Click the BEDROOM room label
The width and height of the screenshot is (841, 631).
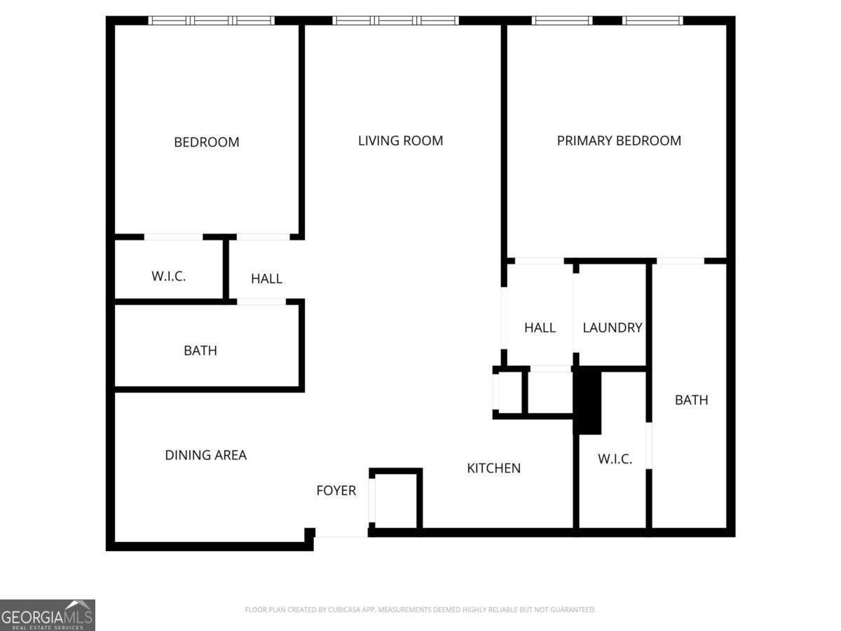click(x=207, y=142)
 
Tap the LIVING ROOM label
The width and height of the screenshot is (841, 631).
click(x=400, y=141)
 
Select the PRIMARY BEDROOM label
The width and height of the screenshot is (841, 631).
click(x=619, y=141)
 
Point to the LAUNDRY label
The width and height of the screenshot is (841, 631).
click(x=613, y=327)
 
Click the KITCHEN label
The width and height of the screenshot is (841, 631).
click(x=493, y=468)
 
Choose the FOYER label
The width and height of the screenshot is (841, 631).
click(x=336, y=490)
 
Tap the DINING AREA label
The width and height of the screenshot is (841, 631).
click(x=206, y=455)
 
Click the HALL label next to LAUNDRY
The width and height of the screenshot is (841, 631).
click(x=540, y=327)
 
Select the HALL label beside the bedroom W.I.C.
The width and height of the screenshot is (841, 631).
click(x=267, y=278)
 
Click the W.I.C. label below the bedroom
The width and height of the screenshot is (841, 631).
click(x=169, y=276)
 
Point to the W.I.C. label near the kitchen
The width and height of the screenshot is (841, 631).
click(x=615, y=459)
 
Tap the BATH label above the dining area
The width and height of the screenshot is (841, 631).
click(x=200, y=350)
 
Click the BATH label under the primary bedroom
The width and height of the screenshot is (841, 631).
click(x=691, y=400)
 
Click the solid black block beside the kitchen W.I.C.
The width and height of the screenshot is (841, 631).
click(x=587, y=400)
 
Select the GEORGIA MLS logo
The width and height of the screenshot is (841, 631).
click(x=48, y=615)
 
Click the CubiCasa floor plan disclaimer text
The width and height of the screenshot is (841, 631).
click(x=420, y=609)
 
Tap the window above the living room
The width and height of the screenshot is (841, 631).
click(x=395, y=21)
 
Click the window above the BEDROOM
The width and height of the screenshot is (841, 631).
click(x=212, y=21)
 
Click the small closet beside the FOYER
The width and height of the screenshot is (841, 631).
click(x=396, y=501)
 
